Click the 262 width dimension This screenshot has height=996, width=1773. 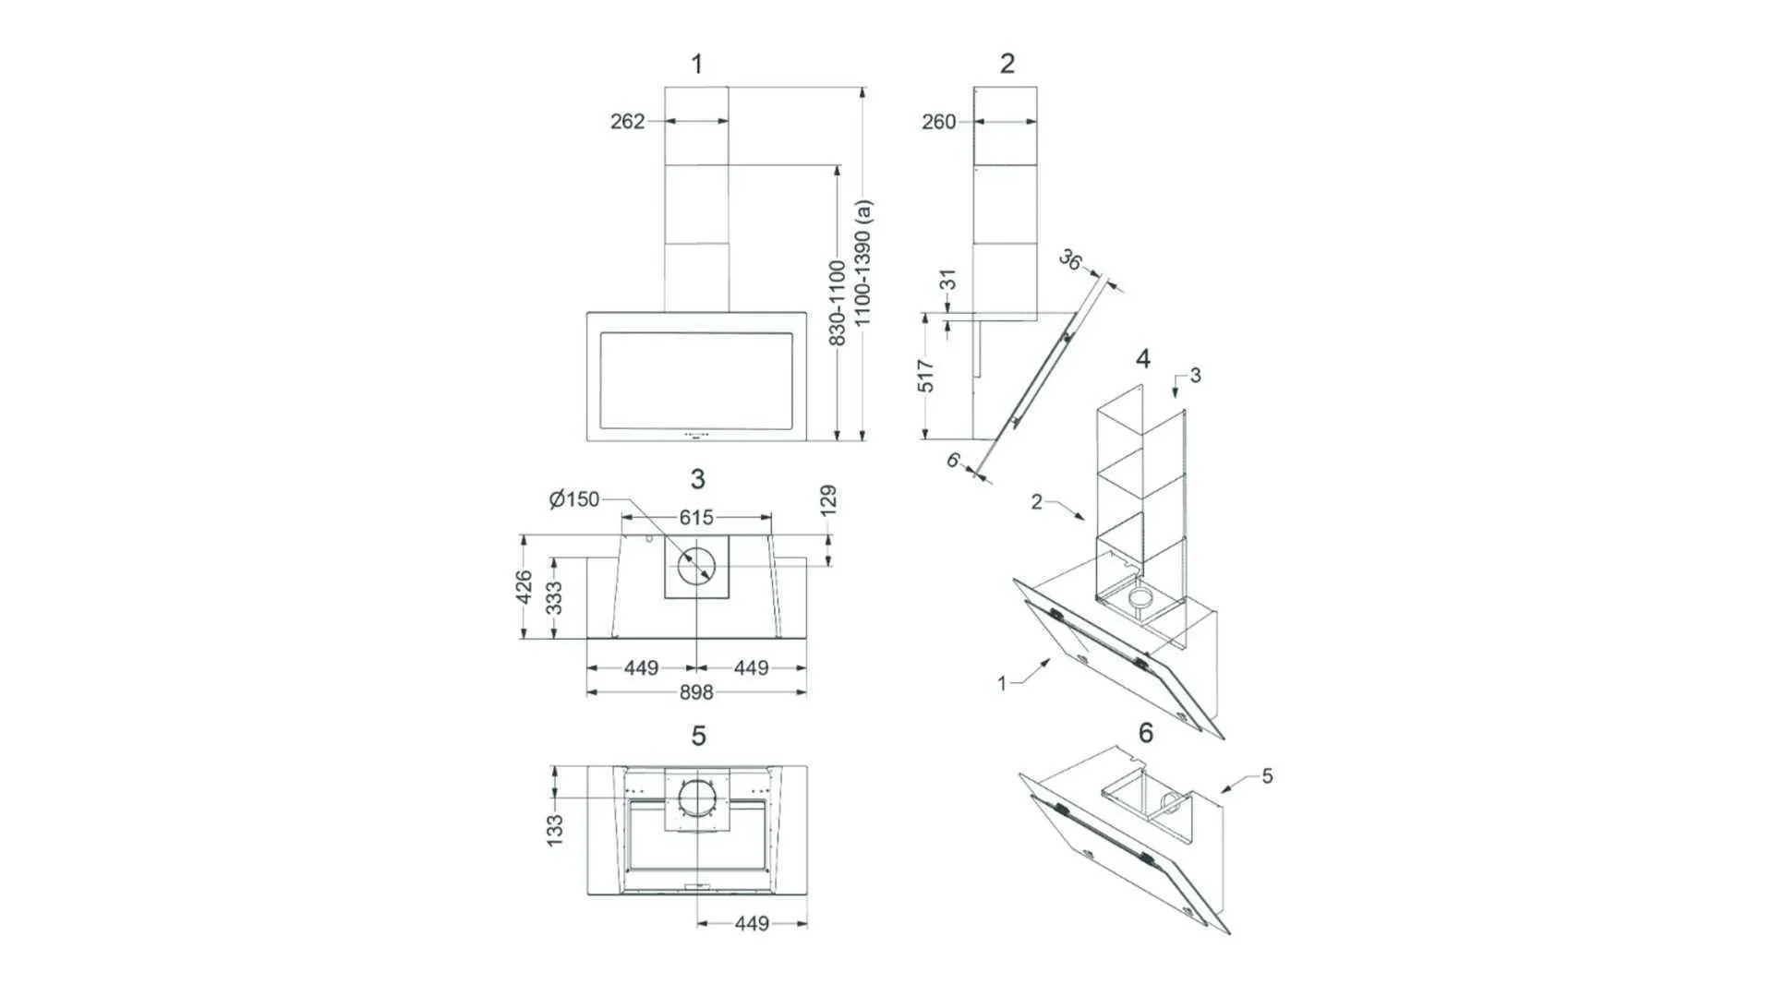[627, 121]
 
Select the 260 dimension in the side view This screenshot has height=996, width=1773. [938, 121]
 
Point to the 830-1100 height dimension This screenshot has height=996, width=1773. [838, 303]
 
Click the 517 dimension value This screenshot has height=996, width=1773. [926, 376]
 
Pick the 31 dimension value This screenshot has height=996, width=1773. [947, 280]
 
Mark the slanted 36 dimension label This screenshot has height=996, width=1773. [1069, 260]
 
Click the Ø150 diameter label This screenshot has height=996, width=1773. [573, 499]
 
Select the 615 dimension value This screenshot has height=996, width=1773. [696, 518]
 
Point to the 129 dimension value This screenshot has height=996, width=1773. [828, 500]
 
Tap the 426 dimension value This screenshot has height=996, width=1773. [524, 588]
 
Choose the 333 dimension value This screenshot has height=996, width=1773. [554, 598]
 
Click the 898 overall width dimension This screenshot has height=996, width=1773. [696, 692]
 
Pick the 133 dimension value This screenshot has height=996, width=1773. [554, 830]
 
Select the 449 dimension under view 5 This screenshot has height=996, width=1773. [752, 923]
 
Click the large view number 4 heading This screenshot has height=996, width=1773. [1143, 359]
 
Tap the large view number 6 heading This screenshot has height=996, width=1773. [1146, 733]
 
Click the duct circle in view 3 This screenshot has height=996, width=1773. [696, 566]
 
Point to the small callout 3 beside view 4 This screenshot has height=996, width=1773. [1196, 375]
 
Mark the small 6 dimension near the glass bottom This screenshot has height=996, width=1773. [954, 459]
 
